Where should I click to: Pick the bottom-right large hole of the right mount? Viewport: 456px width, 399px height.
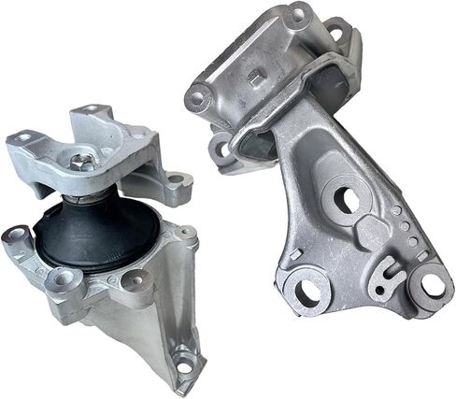pos(433,283)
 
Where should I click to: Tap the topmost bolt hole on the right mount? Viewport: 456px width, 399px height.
pos(296,14)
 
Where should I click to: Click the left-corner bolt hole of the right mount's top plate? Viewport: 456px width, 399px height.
pos(198,95)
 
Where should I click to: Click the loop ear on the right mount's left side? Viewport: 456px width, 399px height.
pos(221,148)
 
